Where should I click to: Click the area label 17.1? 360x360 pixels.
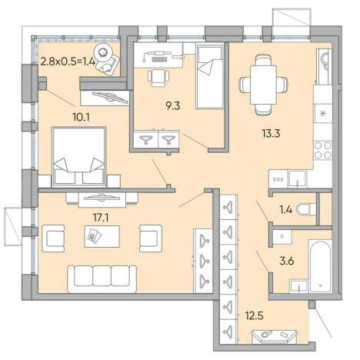pyautogui.click(x=101, y=218)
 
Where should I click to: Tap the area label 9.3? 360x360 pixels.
pyautogui.click(x=173, y=105)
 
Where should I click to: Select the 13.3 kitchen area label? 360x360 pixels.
pyautogui.click(x=271, y=133)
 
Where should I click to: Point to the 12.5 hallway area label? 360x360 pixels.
pyautogui.click(x=255, y=315)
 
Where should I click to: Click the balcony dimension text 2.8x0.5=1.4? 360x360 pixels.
pyautogui.click(x=68, y=62)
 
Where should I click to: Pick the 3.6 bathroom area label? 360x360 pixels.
pyautogui.click(x=287, y=261)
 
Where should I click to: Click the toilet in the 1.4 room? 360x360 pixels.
pyautogui.click(x=306, y=209)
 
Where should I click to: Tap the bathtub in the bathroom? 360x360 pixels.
pyautogui.click(x=321, y=266)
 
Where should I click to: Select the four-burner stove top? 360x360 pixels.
pyautogui.click(x=323, y=150)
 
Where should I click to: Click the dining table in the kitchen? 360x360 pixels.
pyautogui.click(x=263, y=85)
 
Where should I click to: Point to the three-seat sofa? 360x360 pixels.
pyautogui.click(x=102, y=279)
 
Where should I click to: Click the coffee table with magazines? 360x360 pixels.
pyautogui.click(x=102, y=236)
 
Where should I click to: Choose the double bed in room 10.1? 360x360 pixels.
pyautogui.click(x=79, y=157)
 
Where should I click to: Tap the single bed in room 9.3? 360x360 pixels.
pyautogui.click(x=210, y=76)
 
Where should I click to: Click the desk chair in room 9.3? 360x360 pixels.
pyautogui.click(x=158, y=78)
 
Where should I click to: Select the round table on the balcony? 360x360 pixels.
pyautogui.click(x=104, y=52)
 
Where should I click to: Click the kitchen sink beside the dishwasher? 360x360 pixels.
pyautogui.click(x=297, y=178)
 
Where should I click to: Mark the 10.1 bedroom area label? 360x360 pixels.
pyautogui.click(x=81, y=118)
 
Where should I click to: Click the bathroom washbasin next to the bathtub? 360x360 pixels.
pyautogui.click(x=298, y=286)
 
